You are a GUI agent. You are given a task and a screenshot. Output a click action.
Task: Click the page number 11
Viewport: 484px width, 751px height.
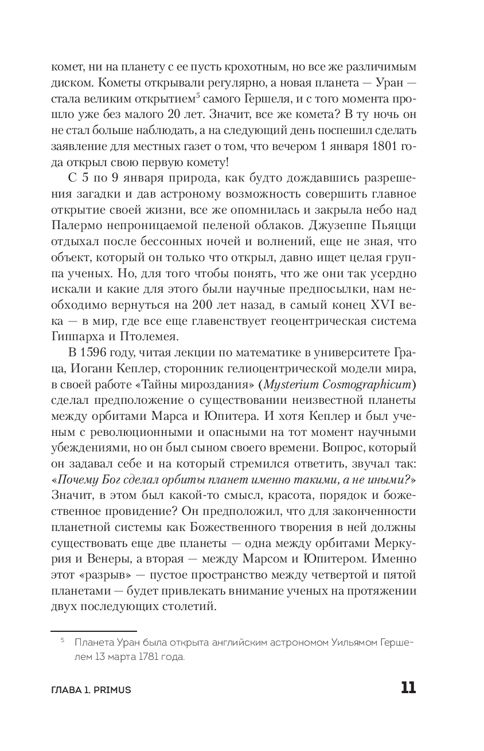pos(408,688)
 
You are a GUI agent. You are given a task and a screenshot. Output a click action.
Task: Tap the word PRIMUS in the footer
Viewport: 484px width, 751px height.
pos(113,690)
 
